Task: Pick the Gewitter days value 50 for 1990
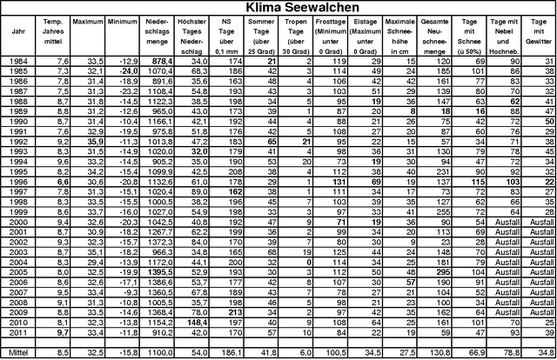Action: [x=546, y=120]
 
